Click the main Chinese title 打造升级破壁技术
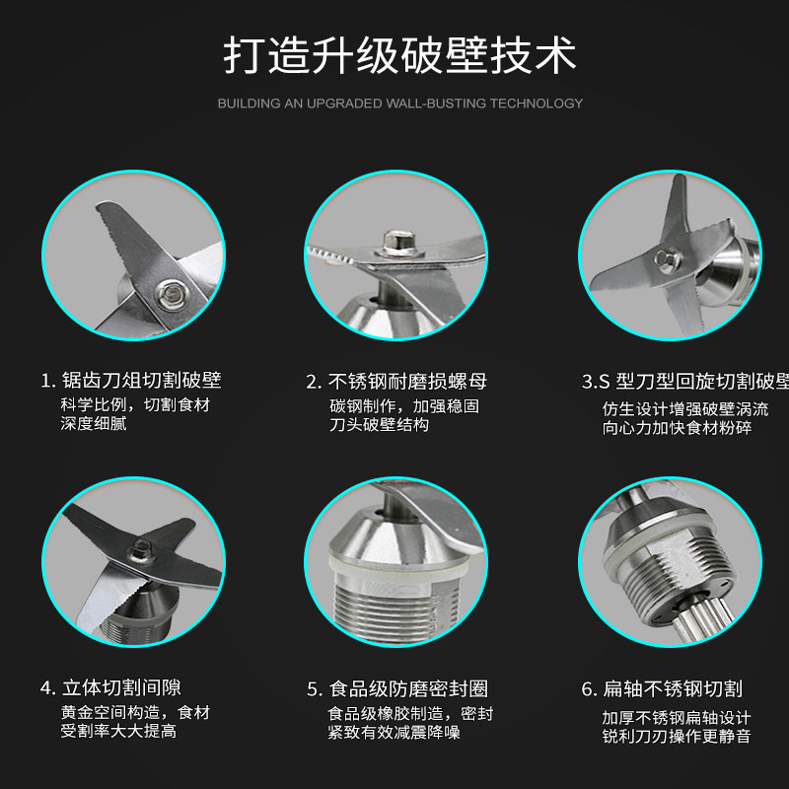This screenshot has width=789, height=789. point(399,55)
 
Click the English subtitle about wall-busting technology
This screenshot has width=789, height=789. point(400,104)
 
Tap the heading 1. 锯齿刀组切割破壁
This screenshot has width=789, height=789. point(131,380)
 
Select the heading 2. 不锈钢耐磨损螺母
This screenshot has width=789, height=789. point(396,382)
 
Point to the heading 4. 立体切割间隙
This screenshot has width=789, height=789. point(110,687)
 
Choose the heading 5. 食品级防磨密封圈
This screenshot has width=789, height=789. point(397,688)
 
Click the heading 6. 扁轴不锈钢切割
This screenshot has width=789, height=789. point(662,688)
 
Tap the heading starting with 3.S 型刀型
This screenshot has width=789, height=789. point(685,382)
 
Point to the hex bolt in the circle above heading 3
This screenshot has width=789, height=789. point(668,259)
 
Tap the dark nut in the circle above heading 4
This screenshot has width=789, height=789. point(141,549)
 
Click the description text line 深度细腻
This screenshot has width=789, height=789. point(94,424)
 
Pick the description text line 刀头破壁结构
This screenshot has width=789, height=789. point(380,425)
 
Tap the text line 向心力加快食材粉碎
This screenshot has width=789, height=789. point(678,428)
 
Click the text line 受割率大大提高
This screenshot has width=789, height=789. point(118,731)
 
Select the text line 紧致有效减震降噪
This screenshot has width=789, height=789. point(394,733)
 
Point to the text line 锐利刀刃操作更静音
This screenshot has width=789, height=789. point(677,737)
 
